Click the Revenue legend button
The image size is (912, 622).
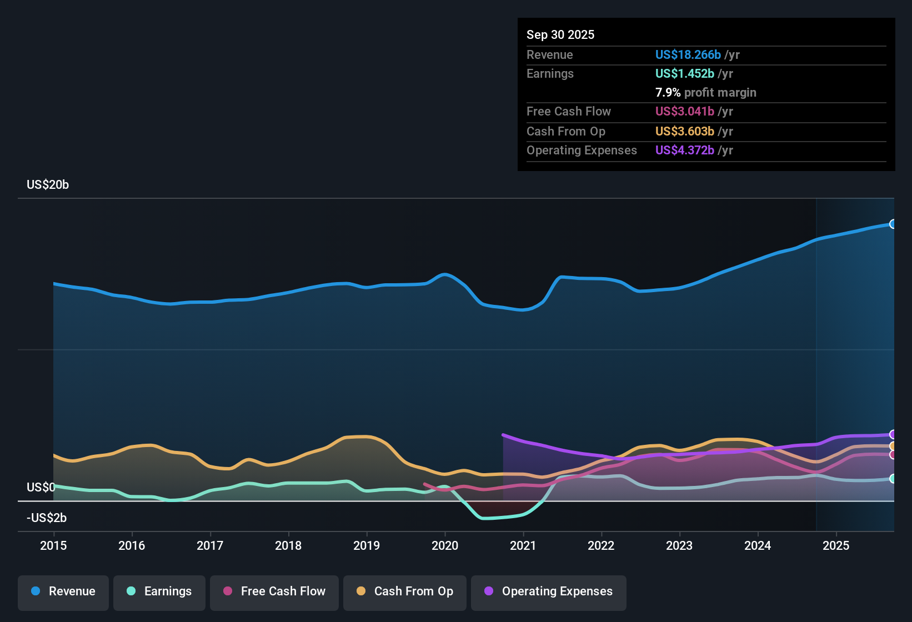point(63,592)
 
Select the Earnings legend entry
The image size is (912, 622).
point(159,592)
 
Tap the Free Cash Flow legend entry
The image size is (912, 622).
point(274,592)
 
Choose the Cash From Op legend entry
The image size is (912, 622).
point(405,592)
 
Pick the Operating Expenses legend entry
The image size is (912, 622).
point(549,592)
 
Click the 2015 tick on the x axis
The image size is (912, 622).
point(53,545)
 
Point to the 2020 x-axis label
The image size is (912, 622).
point(445,545)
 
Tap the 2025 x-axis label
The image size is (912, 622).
point(836,545)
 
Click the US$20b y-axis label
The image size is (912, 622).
point(48,185)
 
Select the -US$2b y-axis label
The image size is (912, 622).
point(47,518)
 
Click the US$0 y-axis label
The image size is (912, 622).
point(41,488)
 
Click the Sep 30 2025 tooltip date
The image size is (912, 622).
point(560,35)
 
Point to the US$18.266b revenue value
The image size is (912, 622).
point(688,55)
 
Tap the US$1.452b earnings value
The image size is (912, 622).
point(684,74)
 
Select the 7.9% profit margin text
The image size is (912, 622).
point(705,93)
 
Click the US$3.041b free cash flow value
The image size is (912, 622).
point(684,112)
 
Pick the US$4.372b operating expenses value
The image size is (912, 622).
point(684,151)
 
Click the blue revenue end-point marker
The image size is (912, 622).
point(893,224)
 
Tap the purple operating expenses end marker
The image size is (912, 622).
point(893,434)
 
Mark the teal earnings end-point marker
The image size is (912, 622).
point(893,479)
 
